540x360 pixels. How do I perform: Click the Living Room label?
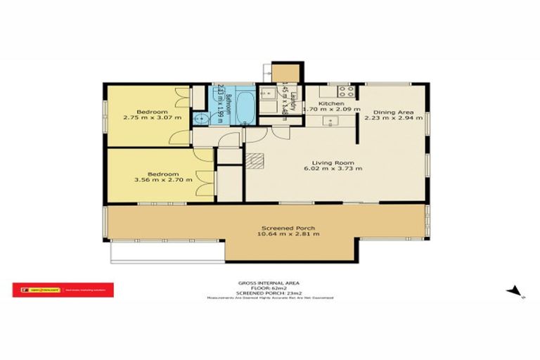(323, 161)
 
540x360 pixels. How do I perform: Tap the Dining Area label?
(388, 112)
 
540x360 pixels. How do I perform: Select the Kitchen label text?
(330, 103)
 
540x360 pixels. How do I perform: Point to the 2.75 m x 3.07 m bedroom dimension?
(152, 118)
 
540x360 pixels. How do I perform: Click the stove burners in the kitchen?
(345, 90)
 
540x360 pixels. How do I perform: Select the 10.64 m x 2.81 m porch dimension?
(290, 234)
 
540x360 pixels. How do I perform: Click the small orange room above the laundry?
(286, 72)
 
